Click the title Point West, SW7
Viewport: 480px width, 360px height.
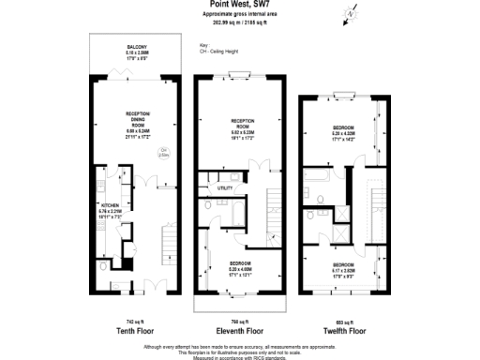click(x=239, y=5)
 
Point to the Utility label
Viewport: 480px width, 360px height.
click(x=225, y=188)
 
